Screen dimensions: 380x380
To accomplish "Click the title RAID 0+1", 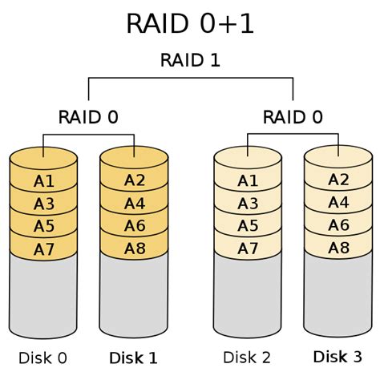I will pyautogui.click(x=190, y=23).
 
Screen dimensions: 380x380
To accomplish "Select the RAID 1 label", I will pyautogui.click(x=190, y=60).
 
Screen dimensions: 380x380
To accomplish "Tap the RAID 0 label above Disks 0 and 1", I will pyautogui.click(x=88, y=117).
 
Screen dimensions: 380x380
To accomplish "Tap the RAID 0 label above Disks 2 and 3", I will pyautogui.click(x=293, y=117).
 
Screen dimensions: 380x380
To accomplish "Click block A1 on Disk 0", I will pyautogui.click(x=44, y=182).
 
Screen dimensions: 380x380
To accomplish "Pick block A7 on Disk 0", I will pyautogui.click(x=44, y=249).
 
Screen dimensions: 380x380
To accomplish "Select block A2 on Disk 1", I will pyautogui.click(x=135, y=180).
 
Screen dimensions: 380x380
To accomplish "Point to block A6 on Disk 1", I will pyautogui.click(x=135, y=226).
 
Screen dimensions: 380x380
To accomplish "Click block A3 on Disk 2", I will pyautogui.click(x=248, y=204).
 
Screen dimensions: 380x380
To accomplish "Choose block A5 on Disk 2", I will pyautogui.click(x=248, y=227).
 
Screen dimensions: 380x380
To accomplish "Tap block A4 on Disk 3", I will pyautogui.click(x=338, y=203).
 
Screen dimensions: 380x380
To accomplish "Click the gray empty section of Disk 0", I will pyautogui.click(x=44, y=297).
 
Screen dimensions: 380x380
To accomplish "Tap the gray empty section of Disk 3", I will pyautogui.click(x=338, y=297).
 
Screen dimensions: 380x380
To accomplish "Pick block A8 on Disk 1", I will pyautogui.click(x=135, y=249).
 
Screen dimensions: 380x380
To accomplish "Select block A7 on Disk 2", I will pyautogui.click(x=248, y=249).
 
